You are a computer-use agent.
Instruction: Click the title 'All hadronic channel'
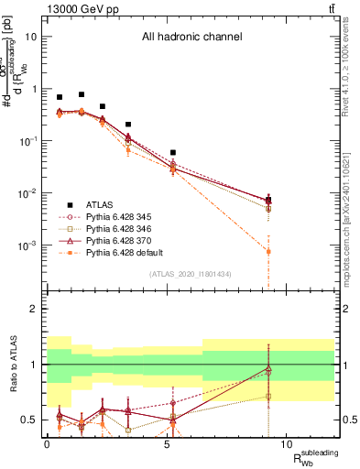(x=191, y=38)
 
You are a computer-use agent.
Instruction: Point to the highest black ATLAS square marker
(x=82, y=94)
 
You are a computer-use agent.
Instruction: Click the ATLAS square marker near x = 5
(x=173, y=153)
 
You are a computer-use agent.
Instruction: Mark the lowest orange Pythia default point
(x=268, y=251)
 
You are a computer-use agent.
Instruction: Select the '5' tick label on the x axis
(x=167, y=443)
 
